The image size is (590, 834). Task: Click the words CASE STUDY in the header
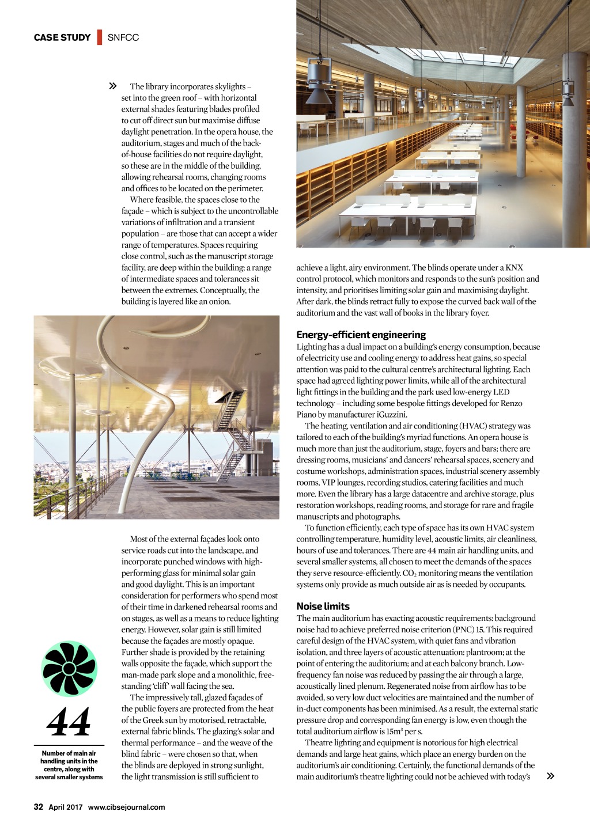[62, 37]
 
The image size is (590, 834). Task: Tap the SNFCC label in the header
[123, 37]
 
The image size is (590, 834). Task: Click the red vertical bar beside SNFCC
[100, 37]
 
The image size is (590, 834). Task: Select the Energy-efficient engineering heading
[361, 335]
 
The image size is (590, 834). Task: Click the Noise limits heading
[323, 606]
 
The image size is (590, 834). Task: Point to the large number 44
[69, 722]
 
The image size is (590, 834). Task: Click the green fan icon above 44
[69, 669]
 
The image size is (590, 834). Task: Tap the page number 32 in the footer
[39, 807]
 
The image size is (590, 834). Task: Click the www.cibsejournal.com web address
[126, 807]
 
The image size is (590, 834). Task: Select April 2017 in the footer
[65, 807]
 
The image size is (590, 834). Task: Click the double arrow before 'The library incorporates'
[113, 86]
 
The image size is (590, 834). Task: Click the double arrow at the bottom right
[550, 776]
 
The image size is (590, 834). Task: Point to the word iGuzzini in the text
[392, 414]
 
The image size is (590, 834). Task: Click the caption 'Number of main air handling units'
[69, 765]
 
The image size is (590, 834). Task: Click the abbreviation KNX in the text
[514, 267]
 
